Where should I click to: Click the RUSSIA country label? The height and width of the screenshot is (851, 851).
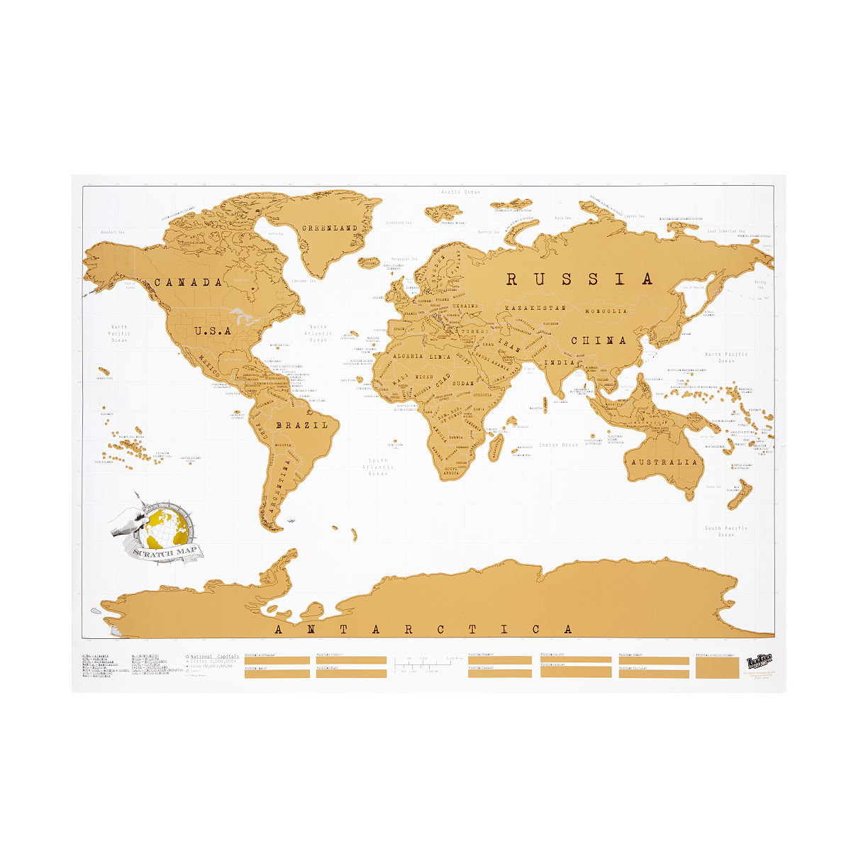(579, 279)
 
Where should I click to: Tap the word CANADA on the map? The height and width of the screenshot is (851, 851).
(188, 282)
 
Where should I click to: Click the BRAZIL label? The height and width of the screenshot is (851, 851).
(302, 425)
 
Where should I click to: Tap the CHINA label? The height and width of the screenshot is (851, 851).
(600, 340)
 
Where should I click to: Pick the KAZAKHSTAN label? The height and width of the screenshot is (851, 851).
(535, 308)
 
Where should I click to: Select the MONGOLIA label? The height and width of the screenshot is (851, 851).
(606, 311)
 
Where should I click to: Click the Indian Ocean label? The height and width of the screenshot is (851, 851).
(559, 445)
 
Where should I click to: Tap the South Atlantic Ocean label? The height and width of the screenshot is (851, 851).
(378, 467)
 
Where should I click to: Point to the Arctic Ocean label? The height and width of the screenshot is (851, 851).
(460, 191)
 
